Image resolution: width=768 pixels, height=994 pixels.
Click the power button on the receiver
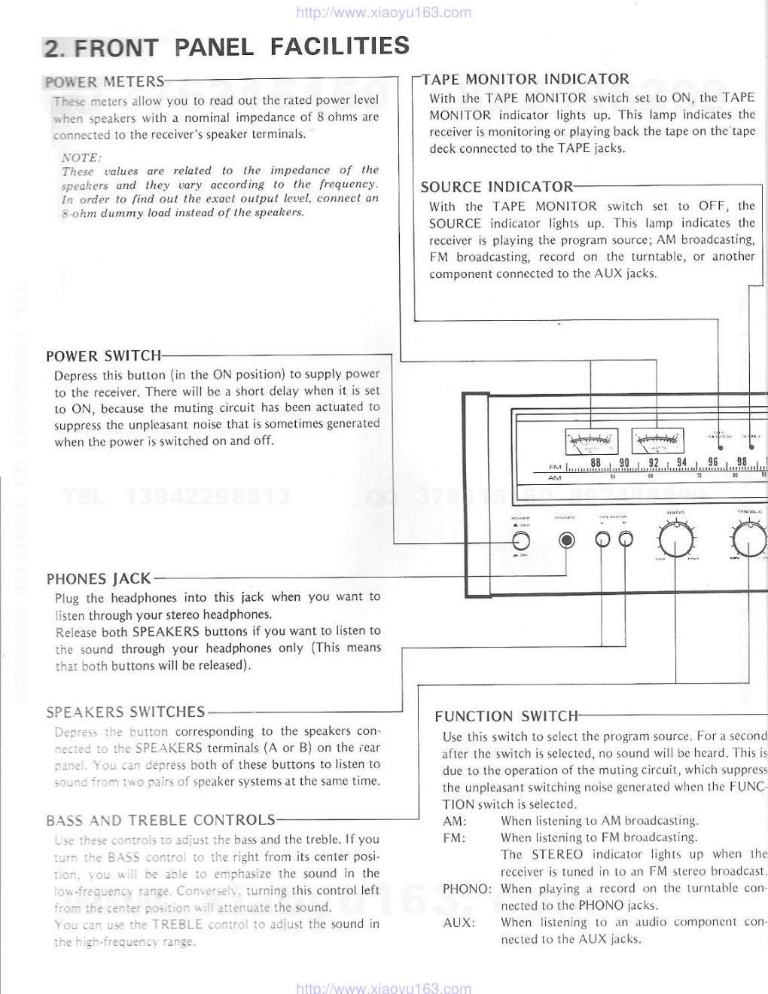point(520,540)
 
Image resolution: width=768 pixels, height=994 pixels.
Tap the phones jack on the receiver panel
point(567,540)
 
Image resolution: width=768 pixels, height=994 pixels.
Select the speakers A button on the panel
point(602,539)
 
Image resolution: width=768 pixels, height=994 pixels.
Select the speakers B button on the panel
point(626,539)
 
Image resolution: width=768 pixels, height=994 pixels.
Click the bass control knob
point(675,539)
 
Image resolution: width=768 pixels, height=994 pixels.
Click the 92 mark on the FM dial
point(654,463)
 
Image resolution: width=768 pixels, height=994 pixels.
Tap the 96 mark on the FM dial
point(712,463)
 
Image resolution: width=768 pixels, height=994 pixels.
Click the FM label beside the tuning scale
point(555,468)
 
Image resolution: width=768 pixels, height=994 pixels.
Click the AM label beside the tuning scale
point(555,478)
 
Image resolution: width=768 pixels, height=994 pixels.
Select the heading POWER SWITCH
point(103,356)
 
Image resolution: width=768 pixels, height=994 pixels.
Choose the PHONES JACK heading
point(99,579)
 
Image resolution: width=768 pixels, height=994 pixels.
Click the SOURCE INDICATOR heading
point(497,188)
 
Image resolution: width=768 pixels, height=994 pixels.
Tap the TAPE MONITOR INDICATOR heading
point(526,79)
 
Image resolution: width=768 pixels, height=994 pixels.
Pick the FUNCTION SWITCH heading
point(507,716)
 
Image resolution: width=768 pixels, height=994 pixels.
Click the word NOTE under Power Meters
point(81,157)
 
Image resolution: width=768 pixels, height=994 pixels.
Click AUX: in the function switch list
point(459,922)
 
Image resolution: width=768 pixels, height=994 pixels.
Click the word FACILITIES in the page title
point(340,47)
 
